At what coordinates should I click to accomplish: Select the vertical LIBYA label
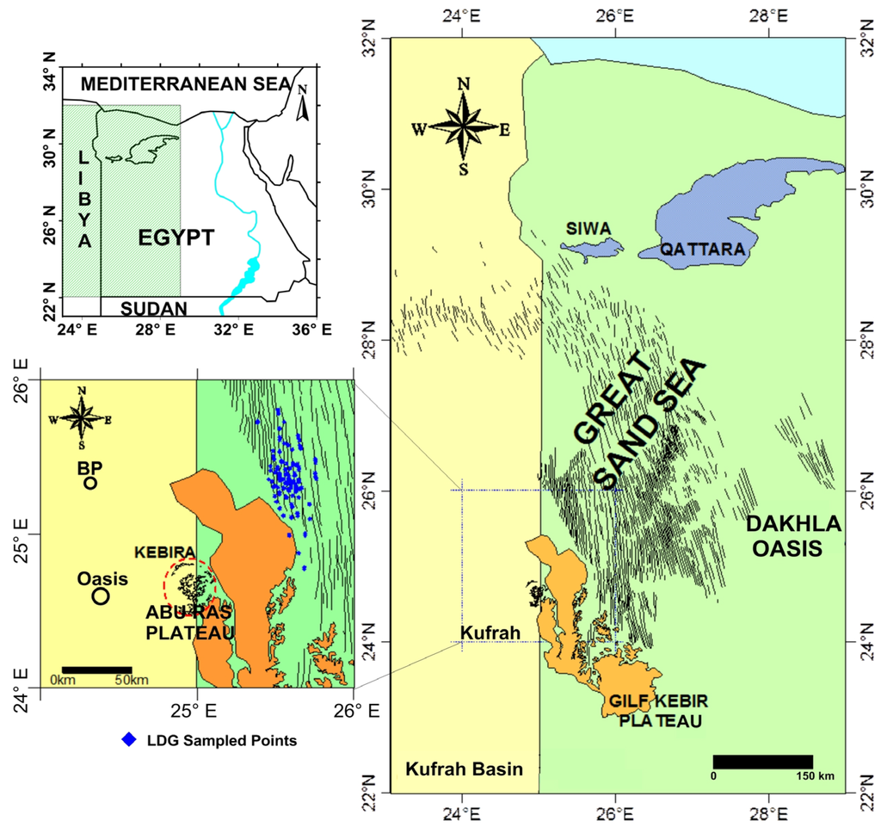coord(83,201)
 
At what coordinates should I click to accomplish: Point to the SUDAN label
coord(154,308)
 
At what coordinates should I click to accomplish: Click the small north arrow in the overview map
coord(302,102)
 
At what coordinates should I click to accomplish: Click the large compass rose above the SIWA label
coord(464,126)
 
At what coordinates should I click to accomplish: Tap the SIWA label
coord(588,229)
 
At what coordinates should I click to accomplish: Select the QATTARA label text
coord(702,249)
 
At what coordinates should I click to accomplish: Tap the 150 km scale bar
coord(762,762)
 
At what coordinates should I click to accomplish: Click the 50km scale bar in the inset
coord(96,669)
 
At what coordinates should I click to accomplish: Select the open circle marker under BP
coord(90,484)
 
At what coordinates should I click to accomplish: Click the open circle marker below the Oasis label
coord(101,596)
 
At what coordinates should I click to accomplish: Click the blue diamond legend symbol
coord(129,739)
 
